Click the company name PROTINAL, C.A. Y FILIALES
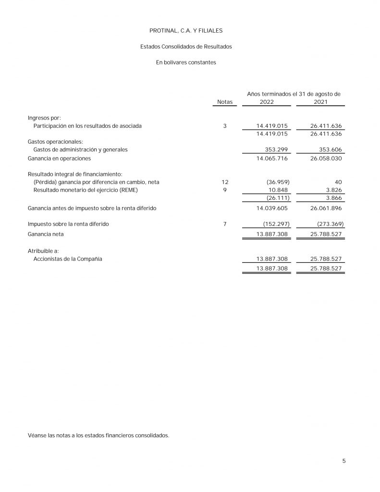pyautogui.click(x=186, y=30)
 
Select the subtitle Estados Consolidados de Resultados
pyautogui.click(x=186, y=47)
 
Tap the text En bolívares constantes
pyautogui.click(x=186, y=62)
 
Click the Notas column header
pyautogui.click(x=224, y=102)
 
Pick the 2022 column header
pyautogui.click(x=267, y=102)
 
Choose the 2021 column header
pyautogui.click(x=320, y=102)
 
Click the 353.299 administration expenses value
pyautogui.click(x=276, y=149)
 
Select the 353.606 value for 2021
pyautogui.click(x=330, y=149)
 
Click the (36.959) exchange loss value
pyautogui.click(x=278, y=182)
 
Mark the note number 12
pyautogui.click(x=225, y=182)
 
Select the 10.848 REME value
pyautogui.click(x=278, y=190)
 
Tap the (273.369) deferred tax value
pyautogui.click(x=331, y=224)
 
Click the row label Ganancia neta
pyautogui.click(x=46, y=234)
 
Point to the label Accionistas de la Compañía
pyautogui.click(x=68, y=259)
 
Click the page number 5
pyautogui.click(x=344, y=461)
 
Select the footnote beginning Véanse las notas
pyautogui.click(x=98, y=435)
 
